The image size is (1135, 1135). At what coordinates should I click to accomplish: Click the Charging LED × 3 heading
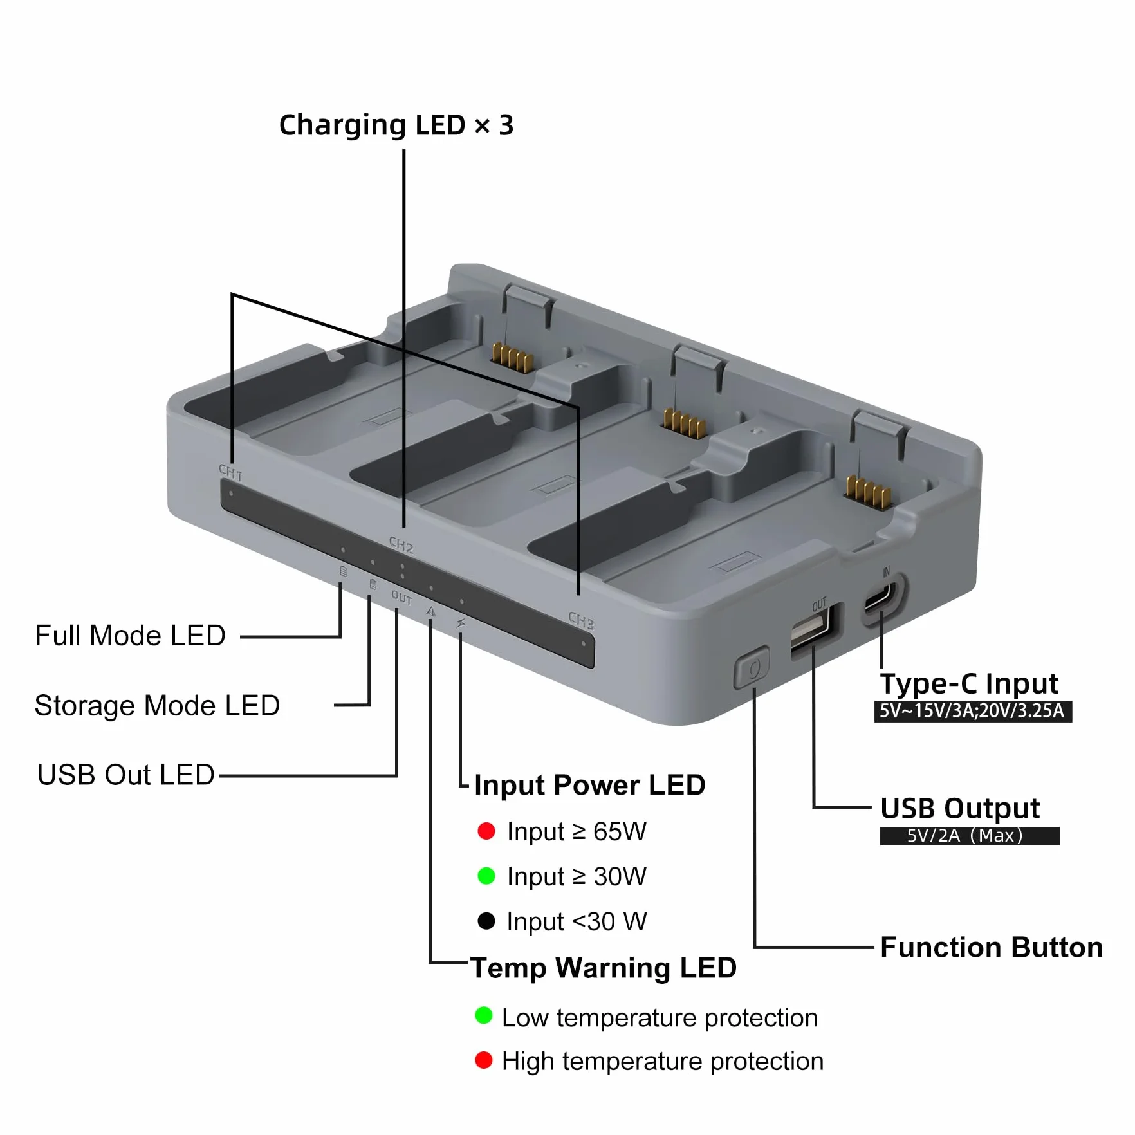(x=396, y=125)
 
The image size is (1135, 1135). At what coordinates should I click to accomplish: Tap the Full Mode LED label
(x=130, y=636)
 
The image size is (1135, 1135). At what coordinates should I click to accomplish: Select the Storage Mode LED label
(x=157, y=706)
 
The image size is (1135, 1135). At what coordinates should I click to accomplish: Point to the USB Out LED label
(x=126, y=775)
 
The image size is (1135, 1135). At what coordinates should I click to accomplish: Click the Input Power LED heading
(x=589, y=785)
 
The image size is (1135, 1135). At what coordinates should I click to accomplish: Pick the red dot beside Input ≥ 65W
(x=486, y=831)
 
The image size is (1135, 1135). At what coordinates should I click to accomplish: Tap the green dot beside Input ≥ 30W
(x=486, y=876)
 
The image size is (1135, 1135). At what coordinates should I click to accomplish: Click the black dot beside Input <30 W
(x=486, y=921)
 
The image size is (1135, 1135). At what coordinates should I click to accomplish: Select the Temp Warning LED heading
(x=604, y=968)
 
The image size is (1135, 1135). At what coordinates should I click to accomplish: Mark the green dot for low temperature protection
(x=484, y=1016)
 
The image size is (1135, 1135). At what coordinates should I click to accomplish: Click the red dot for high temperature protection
(x=484, y=1060)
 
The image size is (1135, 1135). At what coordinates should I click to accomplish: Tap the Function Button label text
(x=992, y=948)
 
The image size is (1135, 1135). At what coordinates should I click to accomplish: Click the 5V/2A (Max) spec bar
(x=970, y=836)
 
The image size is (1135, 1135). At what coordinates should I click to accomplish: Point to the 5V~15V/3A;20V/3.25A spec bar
(x=973, y=711)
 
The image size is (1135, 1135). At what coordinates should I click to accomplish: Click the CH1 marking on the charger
(x=230, y=473)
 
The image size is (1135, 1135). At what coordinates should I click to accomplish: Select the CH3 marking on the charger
(x=581, y=620)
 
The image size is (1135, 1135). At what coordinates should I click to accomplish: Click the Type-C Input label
(x=969, y=684)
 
